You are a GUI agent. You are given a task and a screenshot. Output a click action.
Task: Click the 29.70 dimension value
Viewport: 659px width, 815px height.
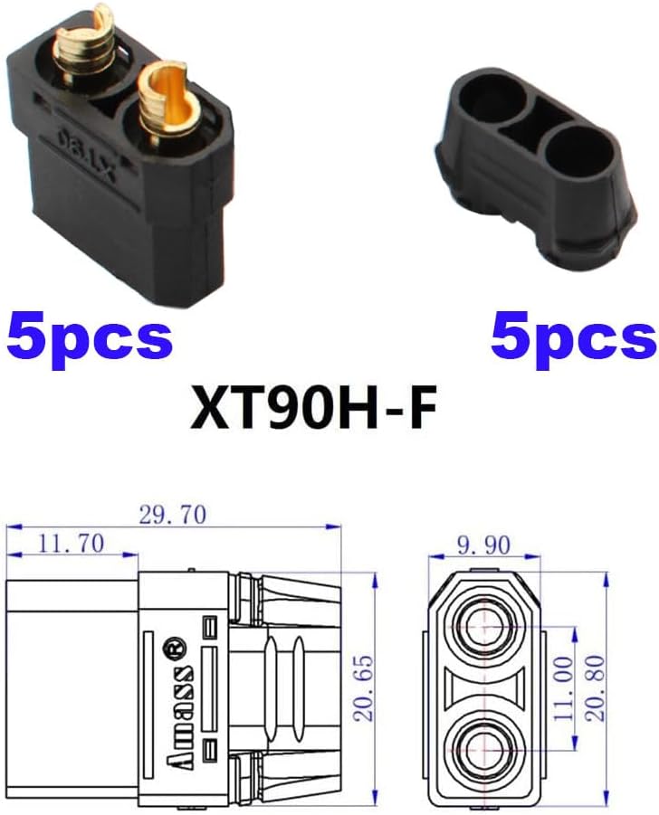(172, 515)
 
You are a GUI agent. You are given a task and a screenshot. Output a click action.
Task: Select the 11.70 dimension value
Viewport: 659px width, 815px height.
(71, 543)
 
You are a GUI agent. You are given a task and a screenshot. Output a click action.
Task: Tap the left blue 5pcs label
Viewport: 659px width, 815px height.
(88, 337)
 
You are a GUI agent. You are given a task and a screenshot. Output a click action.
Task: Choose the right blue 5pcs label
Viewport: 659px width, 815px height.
(573, 337)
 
